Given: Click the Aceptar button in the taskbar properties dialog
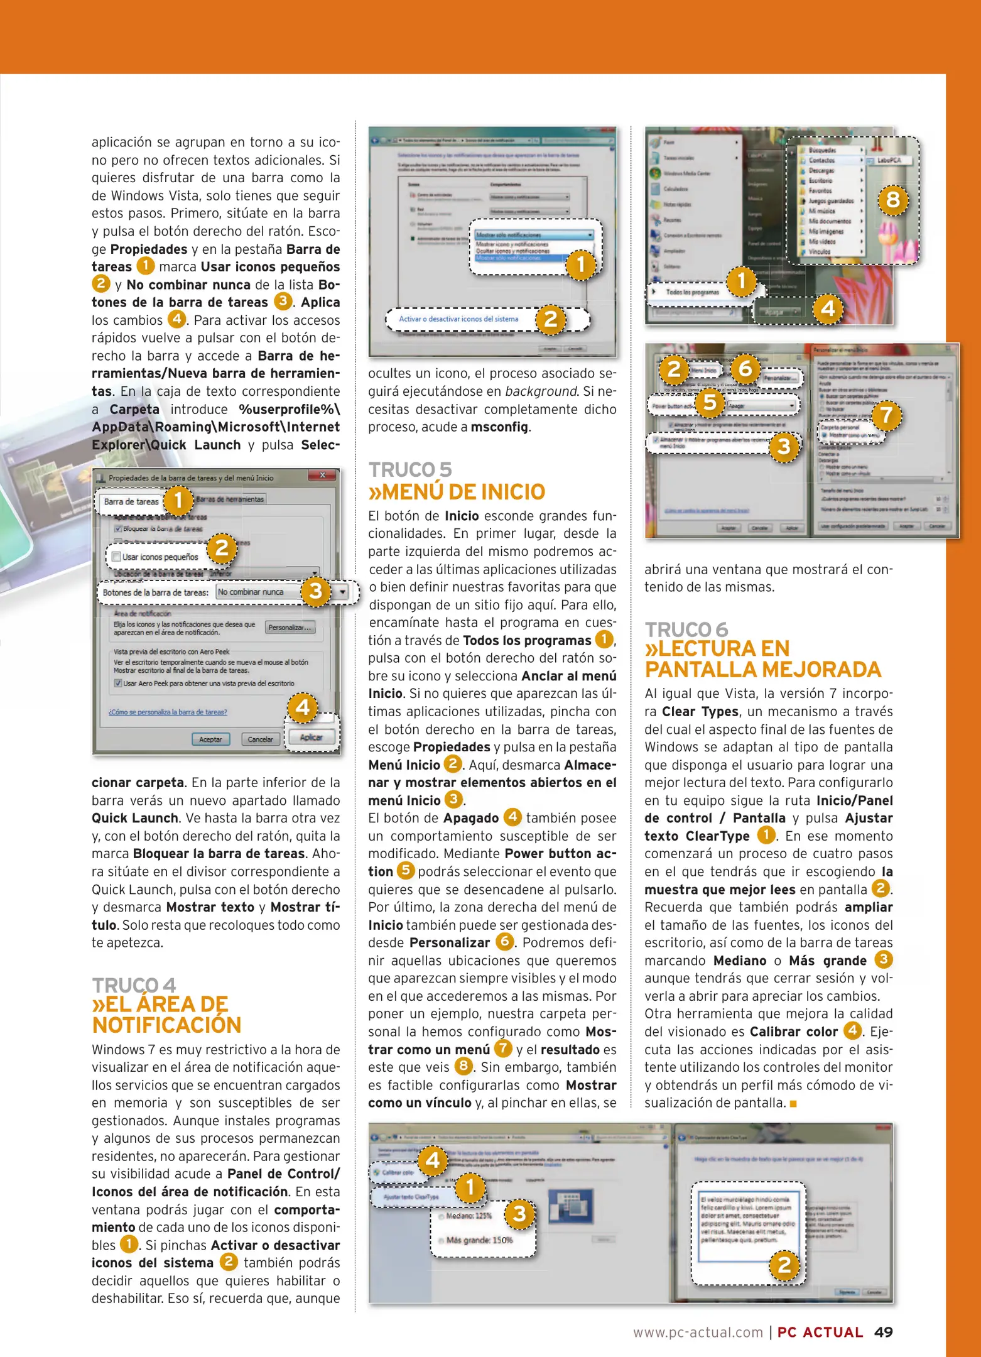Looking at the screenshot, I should (210, 739).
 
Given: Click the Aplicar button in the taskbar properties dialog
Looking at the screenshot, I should (311, 738).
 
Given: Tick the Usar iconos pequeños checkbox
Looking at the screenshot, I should (116, 557).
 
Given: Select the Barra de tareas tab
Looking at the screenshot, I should (131, 501).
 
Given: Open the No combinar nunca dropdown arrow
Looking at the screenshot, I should (342, 592).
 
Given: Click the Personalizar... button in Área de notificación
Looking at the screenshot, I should (290, 627).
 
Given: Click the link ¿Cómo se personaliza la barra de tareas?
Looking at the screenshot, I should (168, 712).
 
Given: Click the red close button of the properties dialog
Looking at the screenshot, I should (323, 476).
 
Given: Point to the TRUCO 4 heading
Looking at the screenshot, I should (134, 984).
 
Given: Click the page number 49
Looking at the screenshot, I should (883, 1332).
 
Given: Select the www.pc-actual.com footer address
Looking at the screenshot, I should (697, 1332).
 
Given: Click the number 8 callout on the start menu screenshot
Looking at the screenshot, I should (892, 200).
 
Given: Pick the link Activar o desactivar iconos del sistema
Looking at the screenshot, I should (458, 319).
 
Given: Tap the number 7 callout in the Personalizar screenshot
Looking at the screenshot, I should (886, 415).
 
